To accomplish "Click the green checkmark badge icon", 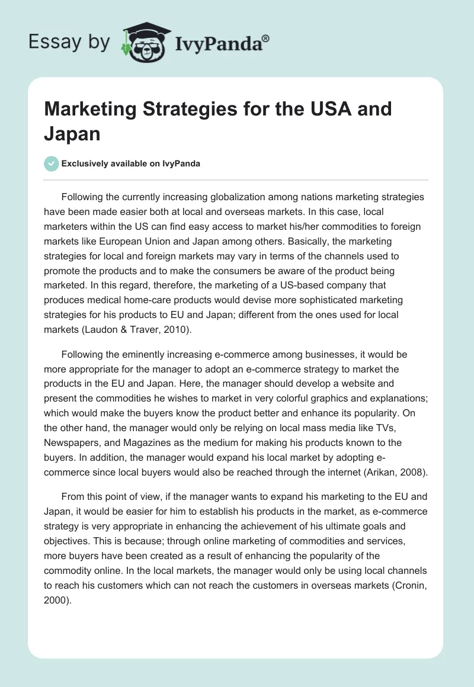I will pyautogui.click(x=52, y=163).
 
